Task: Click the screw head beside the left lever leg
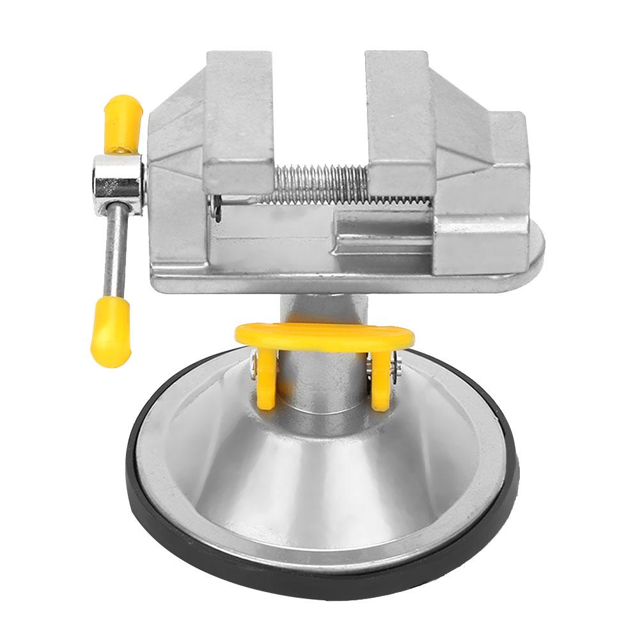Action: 255,368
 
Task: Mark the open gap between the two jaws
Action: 320,115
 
